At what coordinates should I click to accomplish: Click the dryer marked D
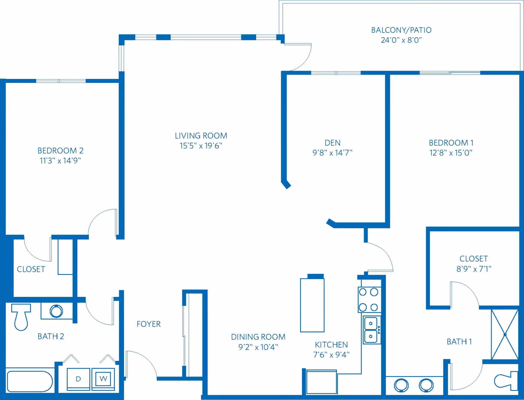78,379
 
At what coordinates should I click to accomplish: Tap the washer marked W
103,379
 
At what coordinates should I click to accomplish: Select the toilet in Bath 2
21,317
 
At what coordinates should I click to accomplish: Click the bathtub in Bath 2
29,381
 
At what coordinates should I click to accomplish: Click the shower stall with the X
505,334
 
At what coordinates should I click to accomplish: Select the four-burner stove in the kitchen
369,300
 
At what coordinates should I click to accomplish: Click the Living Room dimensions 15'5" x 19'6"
201,146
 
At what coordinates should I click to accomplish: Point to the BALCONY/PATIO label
401,30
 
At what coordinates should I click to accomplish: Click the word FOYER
148,324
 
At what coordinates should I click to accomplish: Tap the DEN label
332,143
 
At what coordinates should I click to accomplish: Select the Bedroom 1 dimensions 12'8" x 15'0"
451,153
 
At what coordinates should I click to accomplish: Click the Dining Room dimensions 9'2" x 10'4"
258,347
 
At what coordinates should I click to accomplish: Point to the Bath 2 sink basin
56,311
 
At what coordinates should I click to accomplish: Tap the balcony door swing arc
303,60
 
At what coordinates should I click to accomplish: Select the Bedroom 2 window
61,81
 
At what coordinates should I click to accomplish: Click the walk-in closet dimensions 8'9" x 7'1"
474,269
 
